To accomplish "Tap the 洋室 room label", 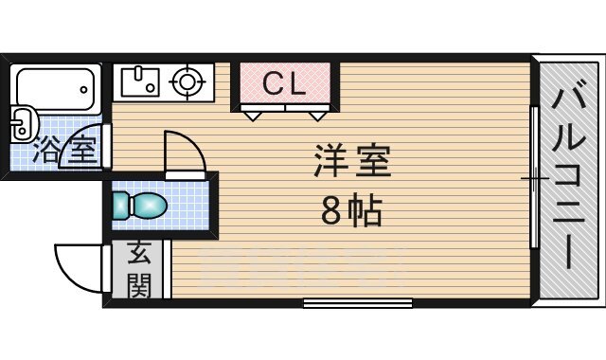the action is (352, 162).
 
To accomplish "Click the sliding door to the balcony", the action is (534, 178).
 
